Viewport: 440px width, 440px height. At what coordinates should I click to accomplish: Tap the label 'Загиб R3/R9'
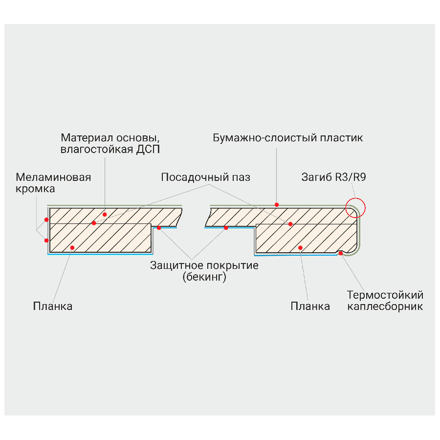[x=333, y=177]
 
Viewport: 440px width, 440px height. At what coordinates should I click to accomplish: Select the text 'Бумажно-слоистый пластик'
[x=288, y=137]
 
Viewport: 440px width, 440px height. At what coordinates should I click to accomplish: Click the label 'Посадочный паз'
[x=206, y=177]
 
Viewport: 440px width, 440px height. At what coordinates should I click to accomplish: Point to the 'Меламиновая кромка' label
[x=53, y=182]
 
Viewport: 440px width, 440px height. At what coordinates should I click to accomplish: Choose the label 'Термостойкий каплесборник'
[x=385, y=301]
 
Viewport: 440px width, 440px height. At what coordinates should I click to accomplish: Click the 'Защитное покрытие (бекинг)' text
[x=204, y=272]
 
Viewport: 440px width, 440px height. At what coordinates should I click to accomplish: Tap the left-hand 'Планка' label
[x=53, y=307]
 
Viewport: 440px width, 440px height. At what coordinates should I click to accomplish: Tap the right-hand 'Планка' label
[x=310, y=307]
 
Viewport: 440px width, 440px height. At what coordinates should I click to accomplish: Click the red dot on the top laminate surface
[x=277, y=204]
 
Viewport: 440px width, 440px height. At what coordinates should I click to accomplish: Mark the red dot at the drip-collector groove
[x=341, y=253]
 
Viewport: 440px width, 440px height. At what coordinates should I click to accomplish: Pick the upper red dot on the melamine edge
[x=46, y=220]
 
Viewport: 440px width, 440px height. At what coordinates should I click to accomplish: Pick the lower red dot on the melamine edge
[x=46, y=240]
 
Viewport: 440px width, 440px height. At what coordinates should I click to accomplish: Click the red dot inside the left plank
[x=72, y=248]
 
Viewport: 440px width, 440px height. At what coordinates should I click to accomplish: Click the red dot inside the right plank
[x=300, y=247]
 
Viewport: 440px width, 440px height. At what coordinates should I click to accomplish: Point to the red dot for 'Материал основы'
[x=105, y=215]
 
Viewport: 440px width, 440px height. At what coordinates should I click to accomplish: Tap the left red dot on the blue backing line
[x=159, y=228]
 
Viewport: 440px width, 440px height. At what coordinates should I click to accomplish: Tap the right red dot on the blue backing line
[x=226, y=228]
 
